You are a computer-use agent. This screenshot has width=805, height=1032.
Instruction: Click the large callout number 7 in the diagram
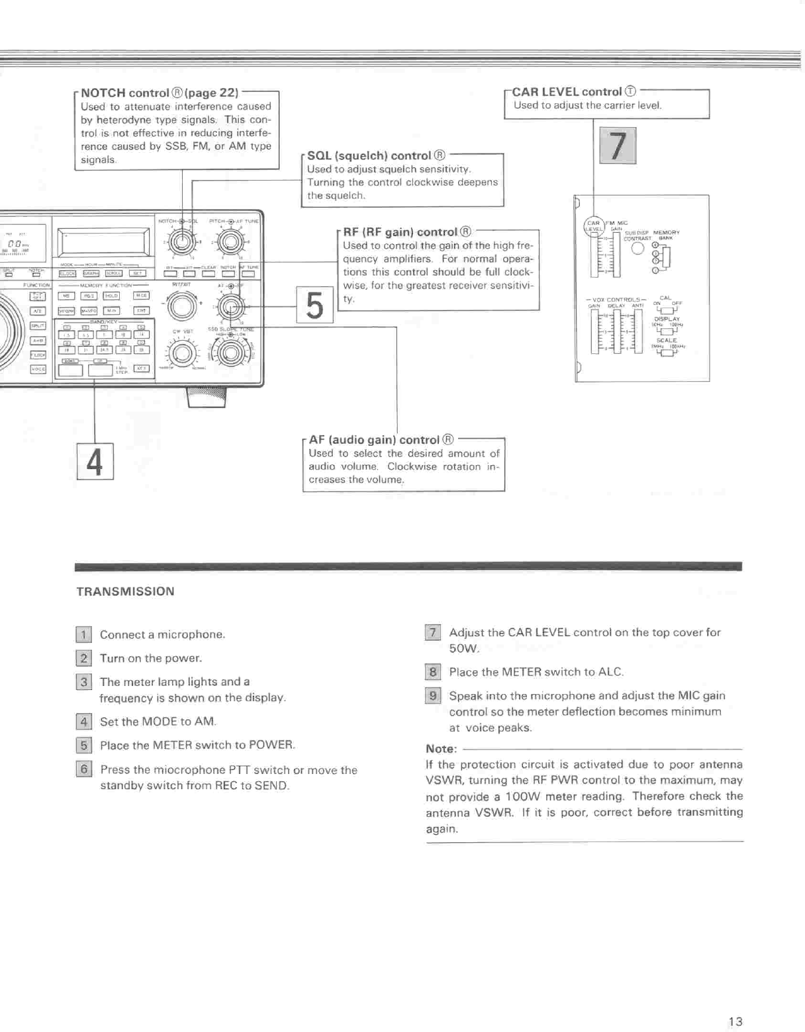pyautogui.click(x=617, y=146)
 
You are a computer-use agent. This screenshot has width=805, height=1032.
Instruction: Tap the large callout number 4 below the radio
pyautogui.click(x=95, y=461)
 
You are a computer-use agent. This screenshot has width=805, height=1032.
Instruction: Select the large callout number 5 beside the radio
pyautogui.click(x=314, y=305)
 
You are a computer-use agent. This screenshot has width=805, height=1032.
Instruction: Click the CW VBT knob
pyautogui.click(x=183, y=353)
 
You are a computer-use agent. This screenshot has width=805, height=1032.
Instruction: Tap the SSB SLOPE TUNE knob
pyautogui.click(x=230, y=353)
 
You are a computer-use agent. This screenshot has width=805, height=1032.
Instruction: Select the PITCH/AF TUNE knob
pyautogui.click(x=230, y=242)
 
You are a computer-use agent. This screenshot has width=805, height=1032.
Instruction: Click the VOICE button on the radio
pyautogui.click(x=38, y=369)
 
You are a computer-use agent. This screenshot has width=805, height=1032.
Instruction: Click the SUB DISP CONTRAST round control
pyautogui.click(x=638, y=249)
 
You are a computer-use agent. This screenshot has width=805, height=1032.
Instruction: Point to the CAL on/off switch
pyautogui.click(x=667, y=310)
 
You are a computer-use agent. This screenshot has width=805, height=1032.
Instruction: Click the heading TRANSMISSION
pyautogui.click(x=125, y=591)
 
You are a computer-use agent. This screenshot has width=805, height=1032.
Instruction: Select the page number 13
pyautogui.click(x=735, y=1021)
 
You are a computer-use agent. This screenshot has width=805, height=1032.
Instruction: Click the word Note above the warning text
pyautogui.click(x=441, y=749)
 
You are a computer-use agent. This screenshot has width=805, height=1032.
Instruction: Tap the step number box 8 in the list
pyautogui.click(x=432, y=672)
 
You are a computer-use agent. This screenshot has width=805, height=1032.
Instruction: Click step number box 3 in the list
pyautogui.click(x=83, y=682)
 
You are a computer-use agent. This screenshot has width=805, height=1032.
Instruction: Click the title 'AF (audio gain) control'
pyautogui.click(x=374, y=440)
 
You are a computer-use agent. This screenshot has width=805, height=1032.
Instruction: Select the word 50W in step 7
pyautogui.click(x=463, y=648)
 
